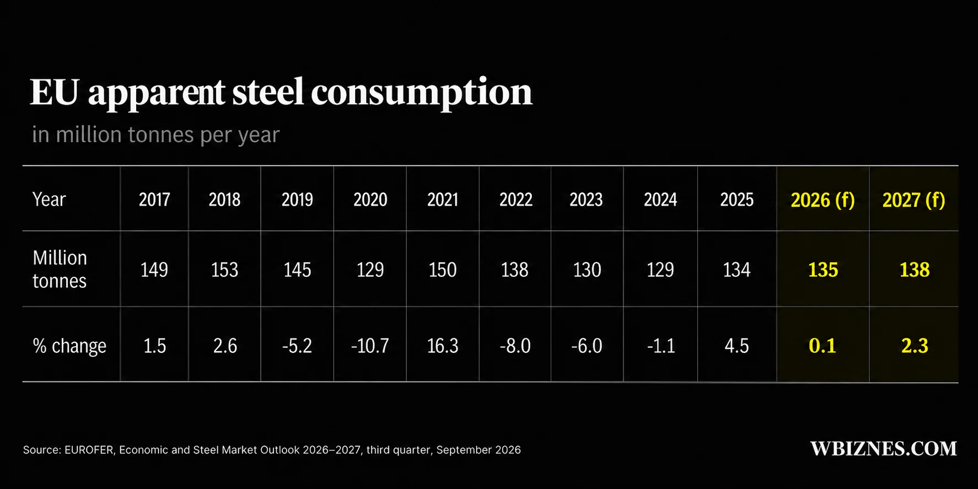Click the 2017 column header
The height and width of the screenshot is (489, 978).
(x=154, y=199)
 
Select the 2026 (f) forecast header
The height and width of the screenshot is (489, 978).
(x=823, y=200)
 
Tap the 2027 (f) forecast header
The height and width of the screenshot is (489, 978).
(x=913, y=200)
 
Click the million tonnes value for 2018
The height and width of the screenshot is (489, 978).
(x=224, y=270)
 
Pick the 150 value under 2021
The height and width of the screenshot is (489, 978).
(x=443, y=270)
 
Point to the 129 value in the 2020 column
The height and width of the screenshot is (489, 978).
(x=370, y=270)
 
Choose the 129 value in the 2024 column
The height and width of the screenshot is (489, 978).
(x=660, y=270)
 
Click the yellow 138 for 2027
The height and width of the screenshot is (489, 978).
(x=914, y=270)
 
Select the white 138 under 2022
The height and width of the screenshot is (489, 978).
(x=514, y=270)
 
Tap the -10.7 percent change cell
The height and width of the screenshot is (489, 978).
(x=370, y=346)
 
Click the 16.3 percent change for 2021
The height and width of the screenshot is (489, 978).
(x=443, y=346)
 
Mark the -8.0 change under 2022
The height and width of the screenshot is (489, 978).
(x=515, y=346)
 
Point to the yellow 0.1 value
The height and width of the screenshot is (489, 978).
(x=823, y=346)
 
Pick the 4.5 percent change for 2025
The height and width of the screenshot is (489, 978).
(x=737, y=346)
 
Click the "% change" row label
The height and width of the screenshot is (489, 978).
(x=69, y=346)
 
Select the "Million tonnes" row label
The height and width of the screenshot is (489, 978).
(x=60, y=269)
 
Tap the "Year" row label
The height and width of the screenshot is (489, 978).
(x=49, y=199)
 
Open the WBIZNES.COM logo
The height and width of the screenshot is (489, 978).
(x=884, y=449)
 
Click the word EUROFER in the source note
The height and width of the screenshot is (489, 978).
(x=89, y=450)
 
